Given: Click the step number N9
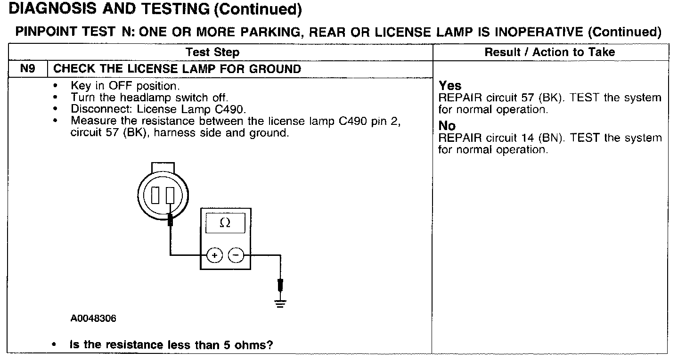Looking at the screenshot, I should [x=27, y=69].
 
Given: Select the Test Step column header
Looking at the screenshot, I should [x=212, y=52].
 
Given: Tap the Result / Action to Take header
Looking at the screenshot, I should [x=550, y=52].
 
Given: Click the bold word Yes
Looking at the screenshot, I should [x=450, y=86].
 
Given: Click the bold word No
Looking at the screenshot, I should [x=447, y=126].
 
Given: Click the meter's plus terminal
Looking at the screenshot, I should [x=214, y=255].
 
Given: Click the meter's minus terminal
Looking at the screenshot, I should [x=236, y=255].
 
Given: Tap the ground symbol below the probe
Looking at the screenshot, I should [x=281, y=303].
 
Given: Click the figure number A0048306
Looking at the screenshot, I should [x=94, y=319].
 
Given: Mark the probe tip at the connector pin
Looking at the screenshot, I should [x=171, y=219].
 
